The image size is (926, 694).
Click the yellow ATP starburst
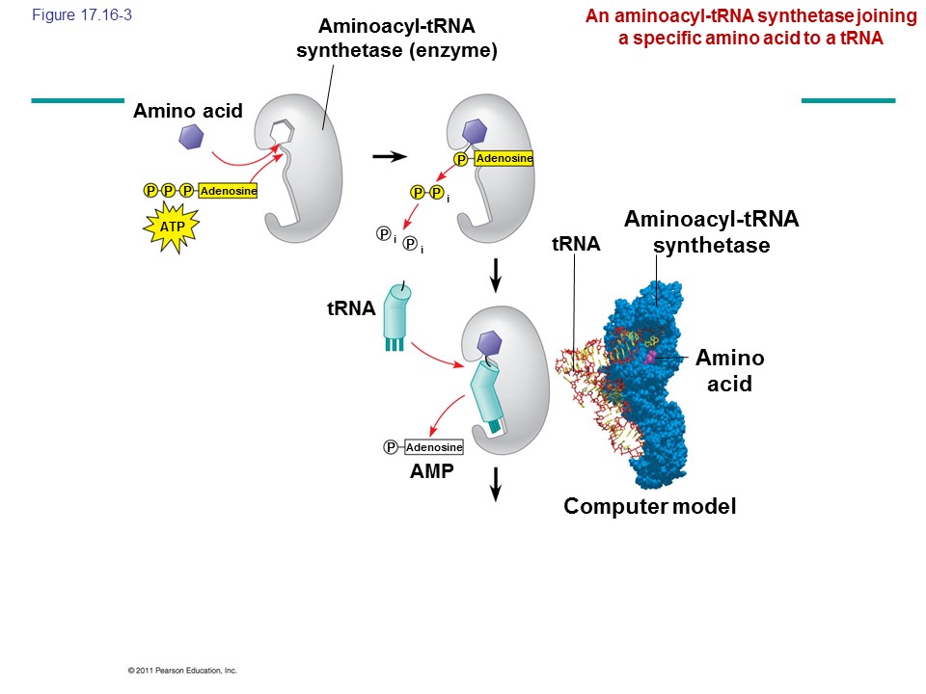coord(173,227)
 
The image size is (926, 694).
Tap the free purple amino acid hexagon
coord(191,139)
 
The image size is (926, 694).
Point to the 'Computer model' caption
coord(649,506)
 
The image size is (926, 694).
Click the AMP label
coord(432,472)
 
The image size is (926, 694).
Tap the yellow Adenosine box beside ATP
coord(229,191)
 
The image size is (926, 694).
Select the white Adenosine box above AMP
coord(434,447)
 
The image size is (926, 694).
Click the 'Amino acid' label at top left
coord(188,112)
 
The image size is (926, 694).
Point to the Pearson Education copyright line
coord(181,670)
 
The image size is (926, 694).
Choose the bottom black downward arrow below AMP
coord(496,483)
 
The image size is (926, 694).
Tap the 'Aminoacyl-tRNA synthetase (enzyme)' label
coord(396,39)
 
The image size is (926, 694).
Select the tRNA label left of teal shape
coord(349,307)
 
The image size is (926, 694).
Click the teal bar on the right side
coord(848,100)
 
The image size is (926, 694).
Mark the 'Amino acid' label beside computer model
coord(729,371)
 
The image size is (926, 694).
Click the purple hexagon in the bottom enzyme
coord(490,341)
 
